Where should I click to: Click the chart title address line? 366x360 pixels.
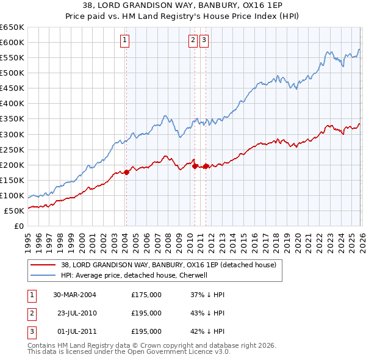[183, 5]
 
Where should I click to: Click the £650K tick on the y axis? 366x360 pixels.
[12, 27]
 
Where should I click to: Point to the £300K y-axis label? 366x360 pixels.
[12, 134]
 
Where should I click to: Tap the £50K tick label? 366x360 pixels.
[14, 211]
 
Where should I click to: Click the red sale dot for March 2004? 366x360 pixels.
[126, 172]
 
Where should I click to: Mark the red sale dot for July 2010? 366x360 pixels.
[195, 165]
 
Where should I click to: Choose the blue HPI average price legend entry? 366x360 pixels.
[134, 275]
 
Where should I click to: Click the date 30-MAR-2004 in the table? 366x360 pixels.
[74, 295]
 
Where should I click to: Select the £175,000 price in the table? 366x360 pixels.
[146, 295]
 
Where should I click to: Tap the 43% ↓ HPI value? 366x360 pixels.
[207, 313]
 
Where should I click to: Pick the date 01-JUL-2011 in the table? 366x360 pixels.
[74, 331]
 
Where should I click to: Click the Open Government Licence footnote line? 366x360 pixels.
[129, 352]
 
